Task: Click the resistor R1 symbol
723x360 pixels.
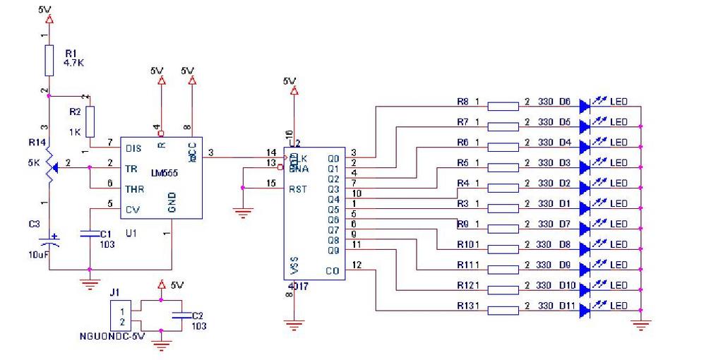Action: point(49,60)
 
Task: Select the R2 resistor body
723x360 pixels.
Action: point(90,121)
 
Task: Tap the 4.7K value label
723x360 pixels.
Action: point(74,62)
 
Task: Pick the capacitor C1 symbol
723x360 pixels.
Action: point(89,234)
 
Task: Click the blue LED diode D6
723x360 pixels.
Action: point(584,106)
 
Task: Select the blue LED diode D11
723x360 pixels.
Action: point(584,309)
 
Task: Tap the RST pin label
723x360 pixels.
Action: point(297,188)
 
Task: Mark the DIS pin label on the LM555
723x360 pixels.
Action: point(133,148)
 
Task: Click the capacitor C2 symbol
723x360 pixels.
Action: point(182,315)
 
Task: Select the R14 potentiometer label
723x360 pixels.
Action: point(37,143)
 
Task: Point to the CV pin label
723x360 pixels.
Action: point(131,209)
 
